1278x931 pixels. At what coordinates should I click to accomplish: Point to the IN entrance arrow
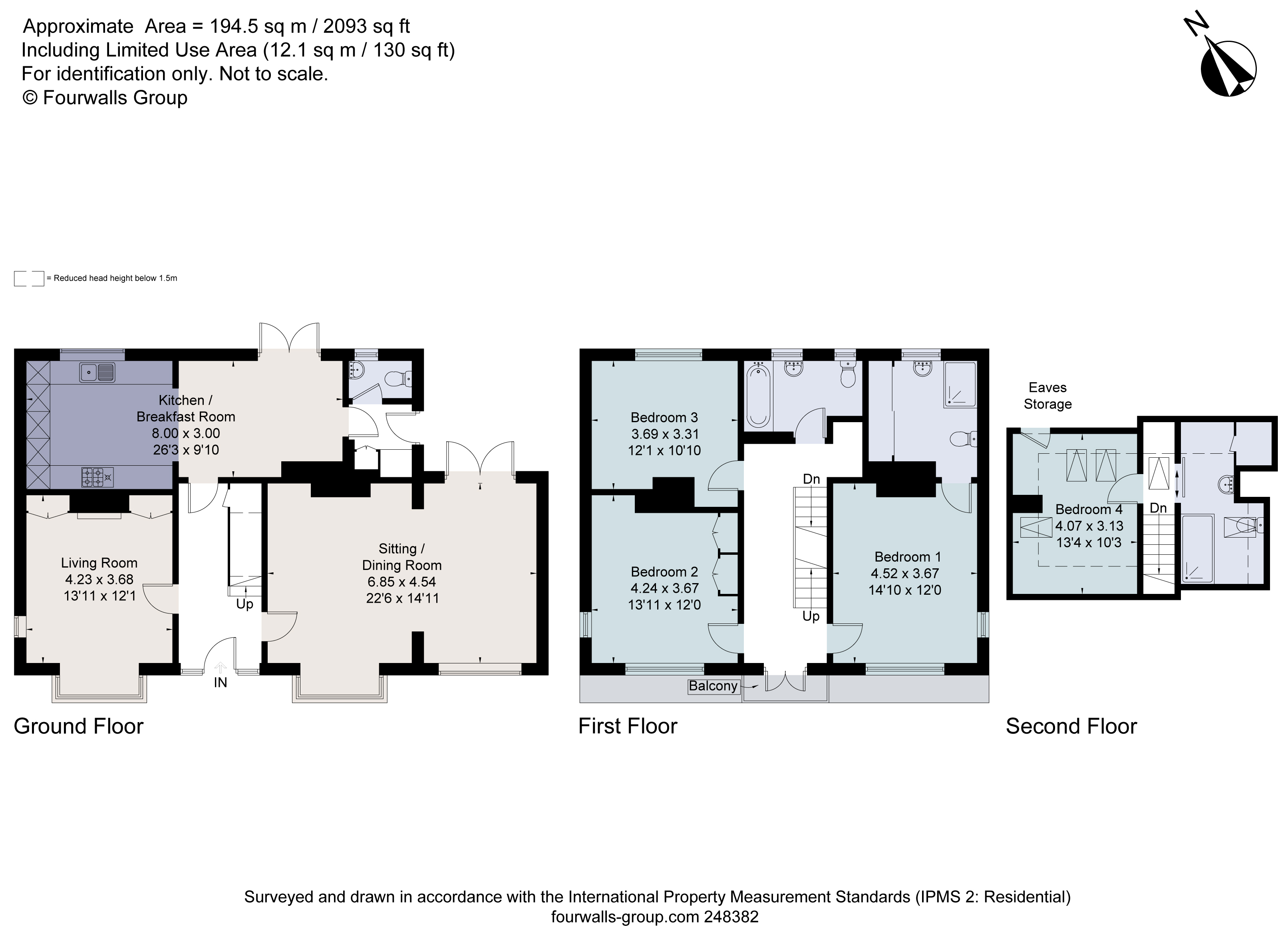(221, 668)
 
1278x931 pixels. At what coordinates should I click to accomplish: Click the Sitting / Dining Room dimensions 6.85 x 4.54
(402, 582)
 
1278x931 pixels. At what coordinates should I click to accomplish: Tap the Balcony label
(713, 686)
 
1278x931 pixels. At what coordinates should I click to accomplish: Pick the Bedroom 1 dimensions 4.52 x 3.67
(905, 574)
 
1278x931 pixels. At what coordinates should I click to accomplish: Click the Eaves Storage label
(1048, 396)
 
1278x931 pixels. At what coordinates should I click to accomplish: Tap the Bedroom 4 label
(1089, 510)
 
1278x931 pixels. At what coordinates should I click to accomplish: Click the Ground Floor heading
(78, 727)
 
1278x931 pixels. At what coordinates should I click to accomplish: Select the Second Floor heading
(1071, 727)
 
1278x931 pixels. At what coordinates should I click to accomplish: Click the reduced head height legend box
(29, 278)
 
